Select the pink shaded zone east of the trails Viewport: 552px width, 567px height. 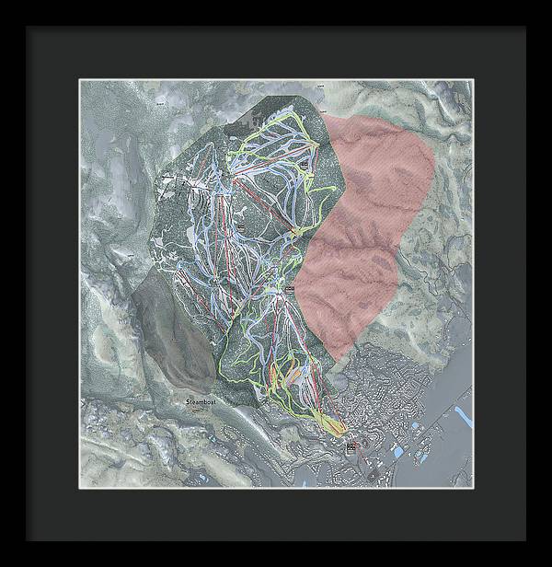(368, 221)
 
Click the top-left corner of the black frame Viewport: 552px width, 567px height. (28, 28)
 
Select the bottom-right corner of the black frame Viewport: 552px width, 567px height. (525, 539)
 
